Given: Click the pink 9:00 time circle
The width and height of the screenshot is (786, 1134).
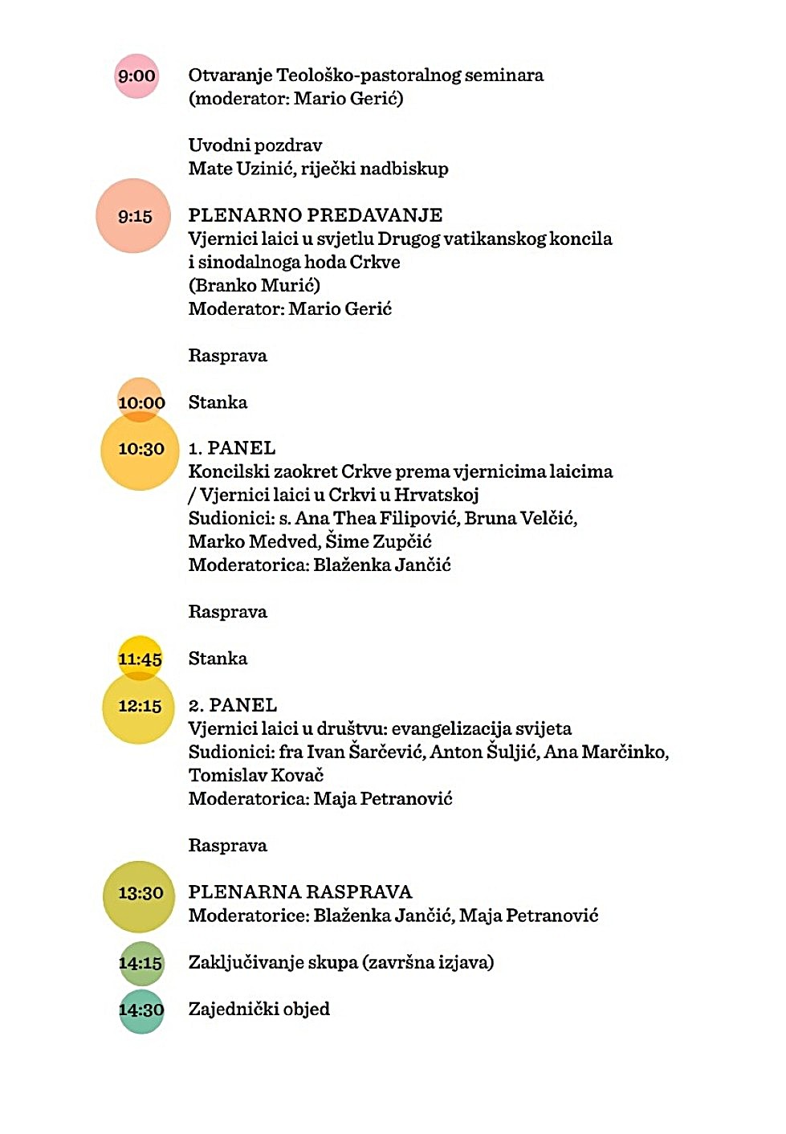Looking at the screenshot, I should [136, 76].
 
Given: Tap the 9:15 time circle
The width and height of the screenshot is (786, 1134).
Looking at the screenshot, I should [133, 216].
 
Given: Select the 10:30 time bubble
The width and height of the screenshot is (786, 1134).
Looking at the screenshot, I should [140, 451].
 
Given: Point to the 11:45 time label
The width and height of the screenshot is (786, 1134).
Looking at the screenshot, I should [140, 659].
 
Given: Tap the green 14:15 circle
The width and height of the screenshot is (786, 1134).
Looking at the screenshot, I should [141, 963].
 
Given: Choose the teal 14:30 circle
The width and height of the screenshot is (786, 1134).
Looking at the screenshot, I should [141, 1010].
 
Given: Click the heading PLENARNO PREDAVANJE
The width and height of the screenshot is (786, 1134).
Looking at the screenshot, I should [315, 215].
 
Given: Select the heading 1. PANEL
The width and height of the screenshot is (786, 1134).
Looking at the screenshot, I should [232, 448].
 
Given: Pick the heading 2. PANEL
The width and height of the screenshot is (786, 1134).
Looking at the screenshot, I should [233, 705].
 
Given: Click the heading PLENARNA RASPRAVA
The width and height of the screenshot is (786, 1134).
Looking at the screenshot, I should [299, 892].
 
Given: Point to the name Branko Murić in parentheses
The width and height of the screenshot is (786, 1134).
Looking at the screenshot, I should [255, 285].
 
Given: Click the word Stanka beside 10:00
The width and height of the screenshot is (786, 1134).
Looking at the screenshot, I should [218, 402].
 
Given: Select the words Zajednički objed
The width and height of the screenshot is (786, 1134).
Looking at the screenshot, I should [259, 1010].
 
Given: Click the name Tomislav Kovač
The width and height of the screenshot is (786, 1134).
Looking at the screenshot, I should [256, 775].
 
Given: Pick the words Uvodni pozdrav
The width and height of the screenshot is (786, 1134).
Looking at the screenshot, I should [255, 145].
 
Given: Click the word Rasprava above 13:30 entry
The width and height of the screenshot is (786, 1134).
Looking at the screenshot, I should [227, 846].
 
